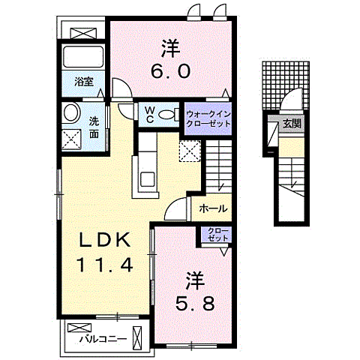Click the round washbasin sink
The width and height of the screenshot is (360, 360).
73,113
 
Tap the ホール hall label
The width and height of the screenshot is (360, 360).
214,209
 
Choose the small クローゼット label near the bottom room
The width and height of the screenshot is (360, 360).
216,234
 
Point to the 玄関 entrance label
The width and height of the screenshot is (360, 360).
291,124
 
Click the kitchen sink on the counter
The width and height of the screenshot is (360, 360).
147,178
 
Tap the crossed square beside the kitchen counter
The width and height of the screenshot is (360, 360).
190,150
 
